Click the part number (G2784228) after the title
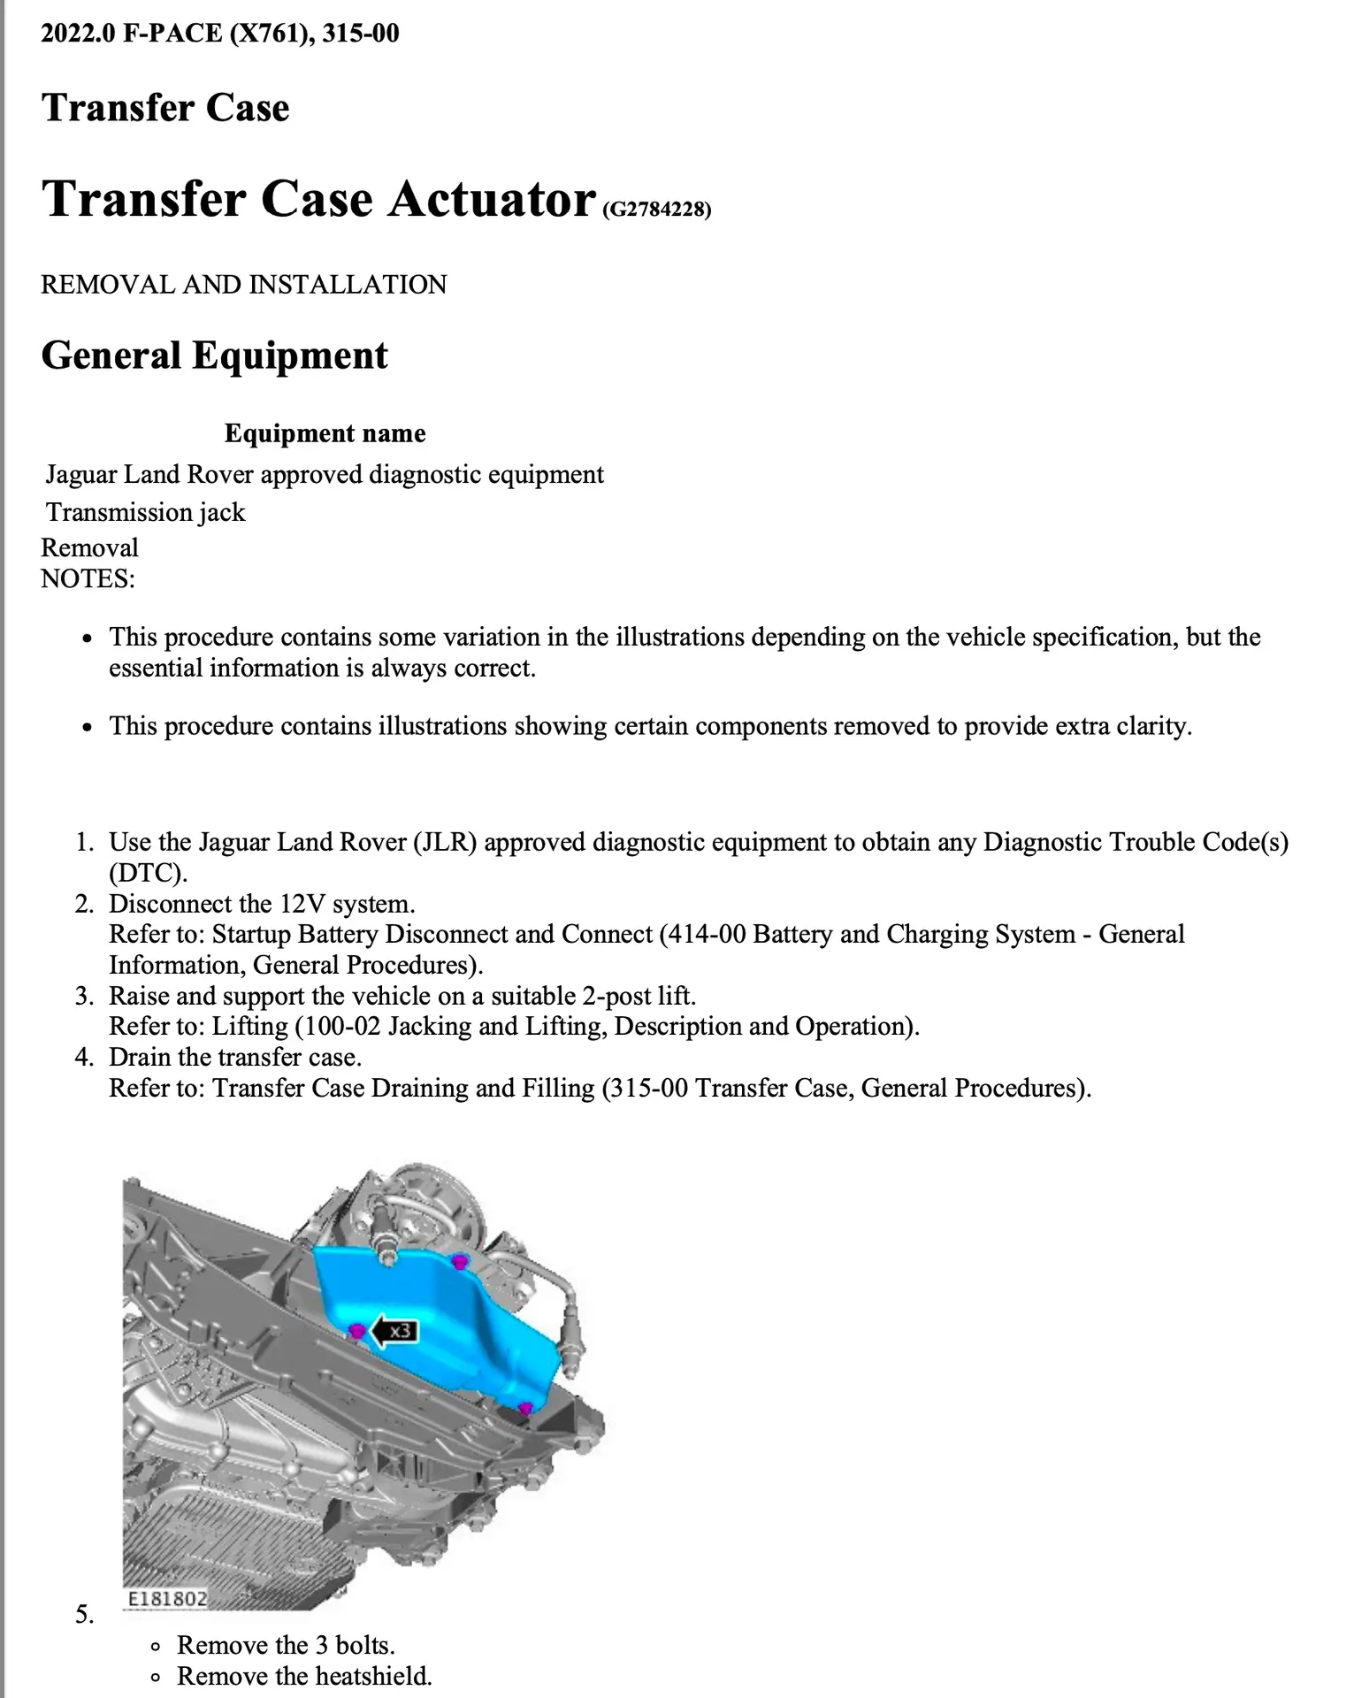click(656, 210)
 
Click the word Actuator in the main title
click(491, 198)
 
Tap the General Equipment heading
click(214, 356)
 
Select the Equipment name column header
click(325, 433)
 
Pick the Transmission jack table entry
click(146, 512)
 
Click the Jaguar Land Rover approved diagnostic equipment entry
click(325, 475)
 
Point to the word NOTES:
click(88, 579)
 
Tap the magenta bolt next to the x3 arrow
click(357, 1331)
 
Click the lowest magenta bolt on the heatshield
click(524, 1408)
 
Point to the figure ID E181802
click(167, 1599)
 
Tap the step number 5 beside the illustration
click(84, 1615)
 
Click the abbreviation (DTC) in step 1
click(148, 873)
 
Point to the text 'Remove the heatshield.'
click(304, 1676)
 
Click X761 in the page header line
click(267, 34)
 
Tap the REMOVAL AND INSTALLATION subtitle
click(243, 285)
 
